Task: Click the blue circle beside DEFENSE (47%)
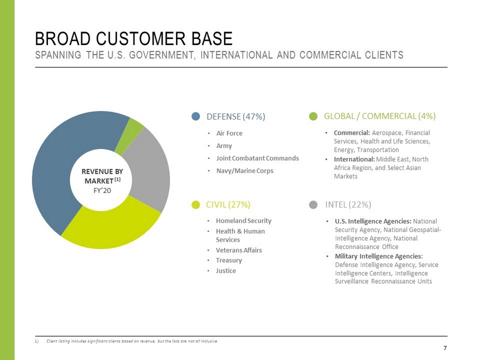click(x=196, y=117)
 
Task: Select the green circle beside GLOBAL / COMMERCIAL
click(x=314, y=117)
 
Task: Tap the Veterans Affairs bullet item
click(x=239, y=250)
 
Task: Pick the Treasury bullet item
click(x=229, y=260)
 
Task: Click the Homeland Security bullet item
click(x=243, y=221)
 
